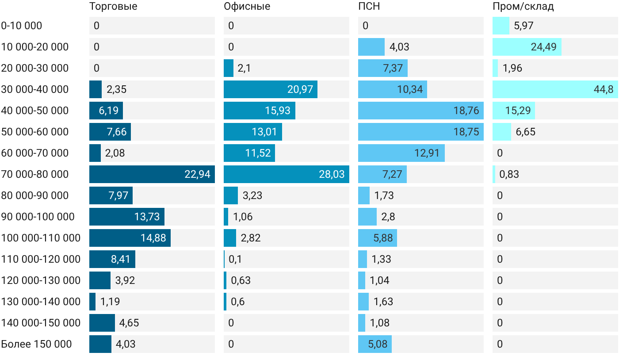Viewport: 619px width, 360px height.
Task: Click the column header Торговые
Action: tap(113, 6)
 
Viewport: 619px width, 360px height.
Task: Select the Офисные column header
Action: tap(247, 6)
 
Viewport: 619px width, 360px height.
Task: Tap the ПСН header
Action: tap(369, 6)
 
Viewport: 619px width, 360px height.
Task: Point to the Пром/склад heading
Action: tap(523, 6)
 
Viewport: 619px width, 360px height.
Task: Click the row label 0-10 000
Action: tap(22, 26)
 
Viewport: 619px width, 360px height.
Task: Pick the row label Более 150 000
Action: tap(36, 344)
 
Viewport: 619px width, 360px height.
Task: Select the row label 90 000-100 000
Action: tap(38, 217)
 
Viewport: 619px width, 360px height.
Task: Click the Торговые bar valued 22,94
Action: tap(152, 174)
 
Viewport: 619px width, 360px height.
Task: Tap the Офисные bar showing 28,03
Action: tap(287, 174)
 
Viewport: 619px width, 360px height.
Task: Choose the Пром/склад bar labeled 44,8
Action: tap(555, 89)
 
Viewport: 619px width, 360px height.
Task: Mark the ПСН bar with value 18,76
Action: tap(421, 111)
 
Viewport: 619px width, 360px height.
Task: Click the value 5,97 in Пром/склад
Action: tap(523, 26)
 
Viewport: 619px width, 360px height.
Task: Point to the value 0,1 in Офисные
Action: tap(235, 259)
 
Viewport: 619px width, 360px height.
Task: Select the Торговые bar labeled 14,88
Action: tap(130, 238)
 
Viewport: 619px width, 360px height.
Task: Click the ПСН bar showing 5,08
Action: tap(375, 344)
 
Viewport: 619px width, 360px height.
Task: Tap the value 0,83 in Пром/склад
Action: tap(509, 174)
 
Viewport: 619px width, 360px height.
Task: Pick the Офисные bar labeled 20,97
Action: tap(271, 89)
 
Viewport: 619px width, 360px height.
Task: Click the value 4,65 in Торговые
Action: tap(129, 323)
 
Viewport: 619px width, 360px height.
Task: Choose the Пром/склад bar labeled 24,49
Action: tap(527, 47)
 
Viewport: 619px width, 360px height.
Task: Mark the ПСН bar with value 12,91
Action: tap(401, 153)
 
